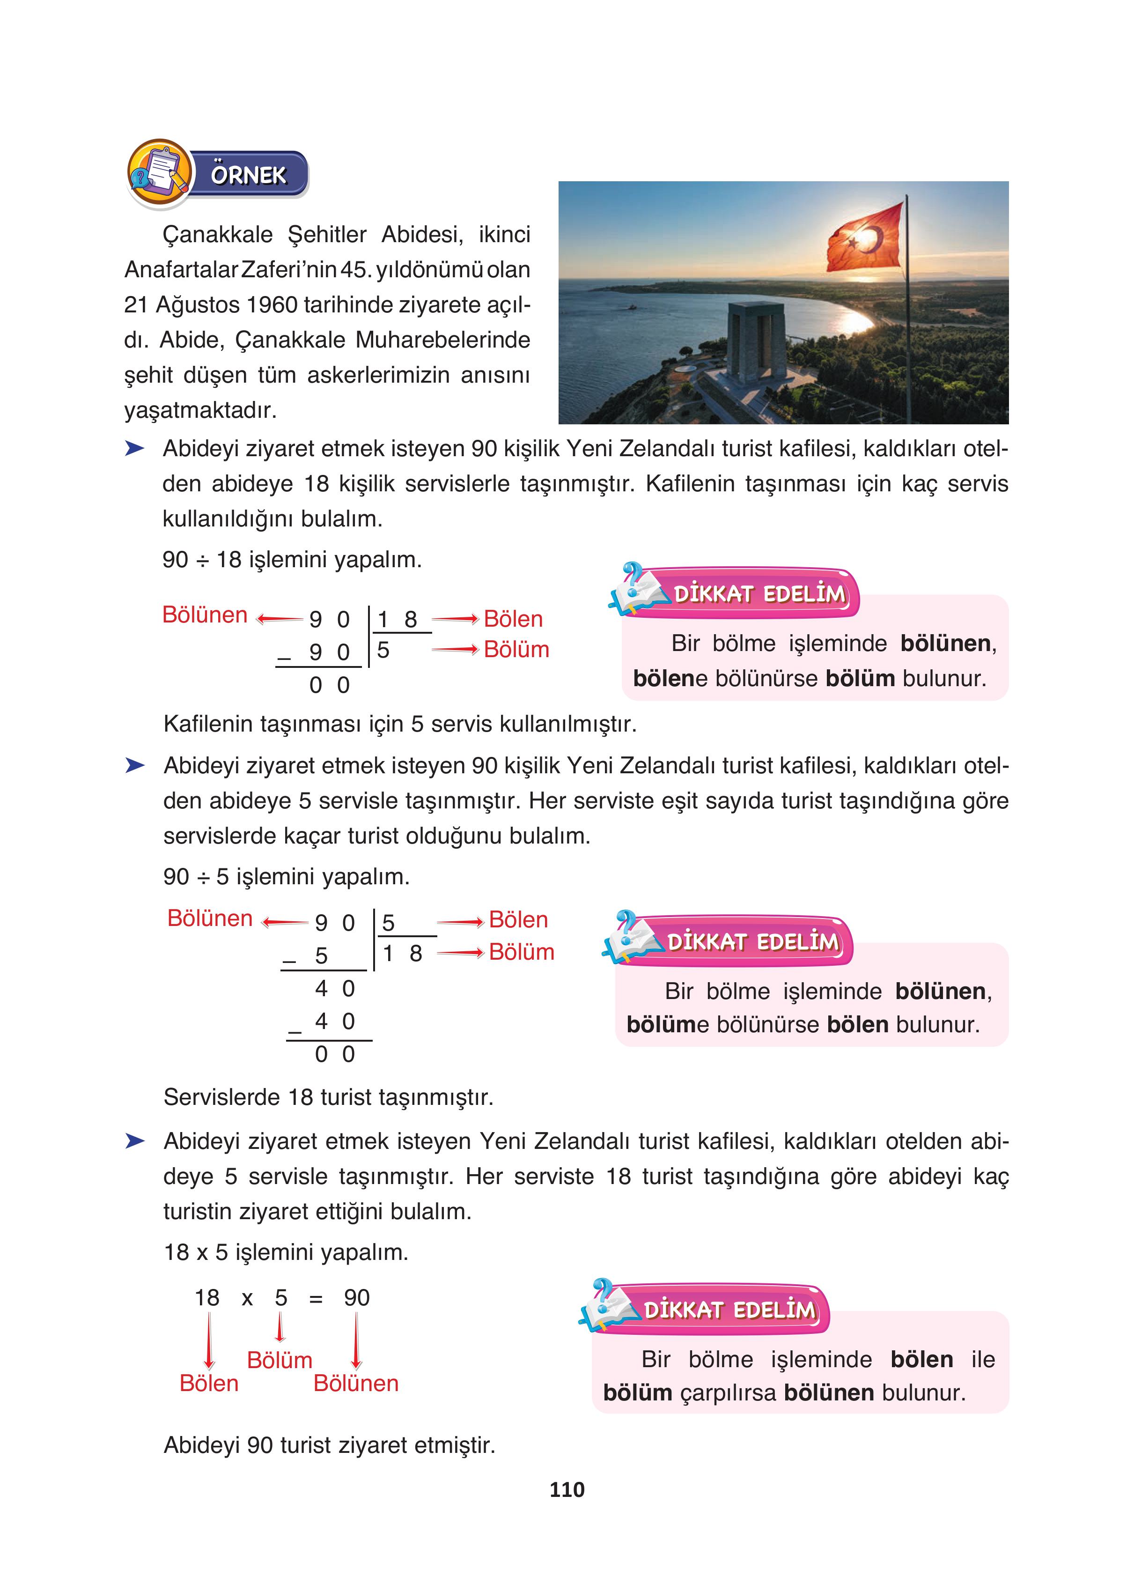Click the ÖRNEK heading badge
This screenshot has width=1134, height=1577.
(x=248, y=175)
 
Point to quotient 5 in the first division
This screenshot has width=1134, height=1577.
(x=383, y=650)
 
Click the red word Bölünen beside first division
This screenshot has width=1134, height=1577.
(x=205, y=615)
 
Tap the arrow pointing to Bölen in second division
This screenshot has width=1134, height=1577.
(x=460, y=922)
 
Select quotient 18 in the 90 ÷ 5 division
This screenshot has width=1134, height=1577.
(x=402, y=953)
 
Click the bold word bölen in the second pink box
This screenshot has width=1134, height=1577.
(x=857, y=1024)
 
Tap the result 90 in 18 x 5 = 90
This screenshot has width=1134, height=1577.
(x=357, y=1297)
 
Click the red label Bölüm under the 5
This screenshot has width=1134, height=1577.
(x=280, y=1360)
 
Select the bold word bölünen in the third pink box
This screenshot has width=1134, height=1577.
(x=828, y=1393)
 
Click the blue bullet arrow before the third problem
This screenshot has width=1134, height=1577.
(x=135, y=1141)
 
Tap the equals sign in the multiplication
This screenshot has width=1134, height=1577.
(x=316, y=1299)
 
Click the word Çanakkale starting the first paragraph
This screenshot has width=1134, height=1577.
(x=218, y=234)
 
